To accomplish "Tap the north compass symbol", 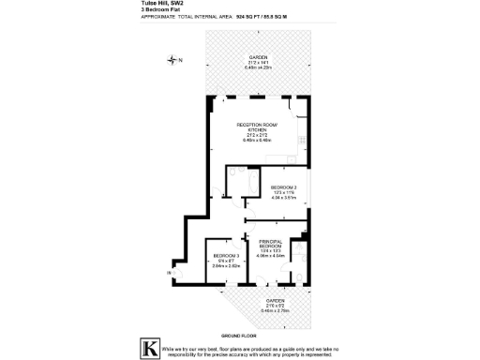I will tap(172, 60).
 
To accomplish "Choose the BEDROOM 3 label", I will tap(225, 256).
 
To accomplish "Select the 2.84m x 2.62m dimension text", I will tap(225, 267).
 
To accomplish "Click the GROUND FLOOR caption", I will tap(239, 335).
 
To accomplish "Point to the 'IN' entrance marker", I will tap(170, 273).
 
